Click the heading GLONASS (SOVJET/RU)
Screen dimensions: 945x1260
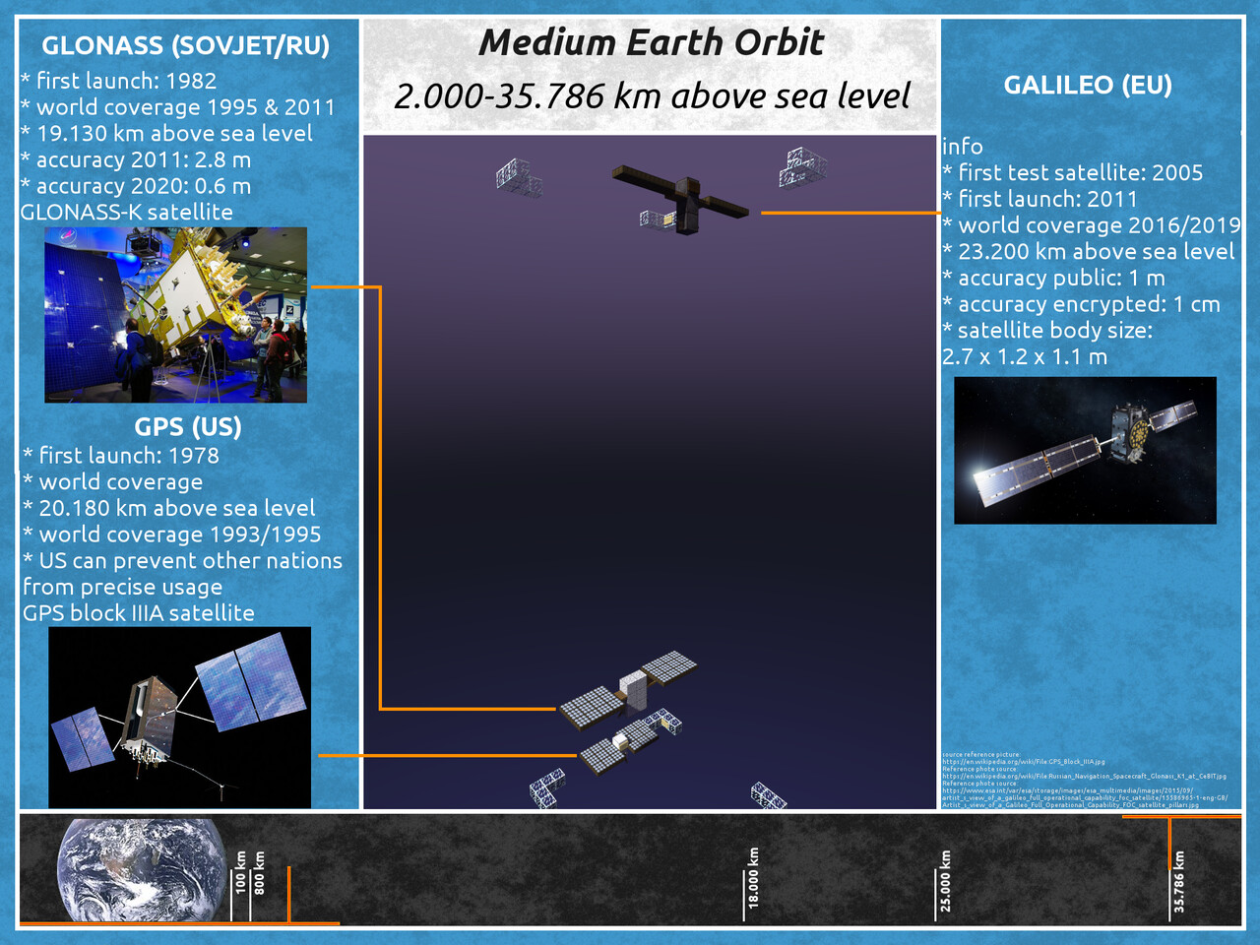coord(185,45)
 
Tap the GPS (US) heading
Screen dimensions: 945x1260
coord(188,427)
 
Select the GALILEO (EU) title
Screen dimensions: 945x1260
coord(1088,85)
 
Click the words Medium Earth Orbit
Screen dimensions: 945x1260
coord(651,42)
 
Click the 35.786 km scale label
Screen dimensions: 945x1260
coord(1179,881)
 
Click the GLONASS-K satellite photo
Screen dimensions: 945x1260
coord(175,315)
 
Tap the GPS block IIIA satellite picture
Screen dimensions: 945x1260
coord(179,717)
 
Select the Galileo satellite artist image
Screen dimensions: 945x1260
coord(1085,450)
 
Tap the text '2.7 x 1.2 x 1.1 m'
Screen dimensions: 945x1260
coord(1025,356)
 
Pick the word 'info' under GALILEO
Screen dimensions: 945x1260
coord(962,147)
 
